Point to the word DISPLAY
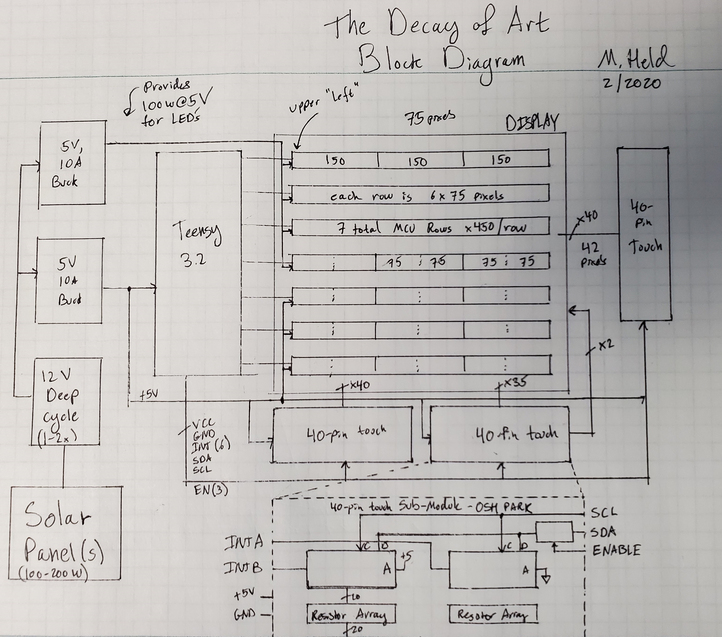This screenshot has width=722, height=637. [532, 124]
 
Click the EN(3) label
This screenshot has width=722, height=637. [211, 490]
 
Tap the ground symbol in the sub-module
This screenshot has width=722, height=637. [546, 579]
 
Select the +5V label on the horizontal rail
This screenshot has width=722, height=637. [148, 395]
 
